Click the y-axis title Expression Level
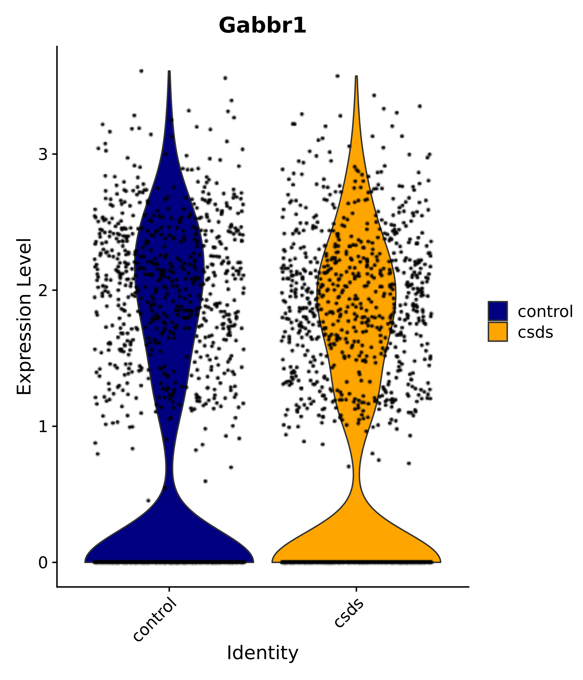click(24, 317)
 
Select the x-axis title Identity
click(262, 653)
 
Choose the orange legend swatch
click(497, 331)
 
